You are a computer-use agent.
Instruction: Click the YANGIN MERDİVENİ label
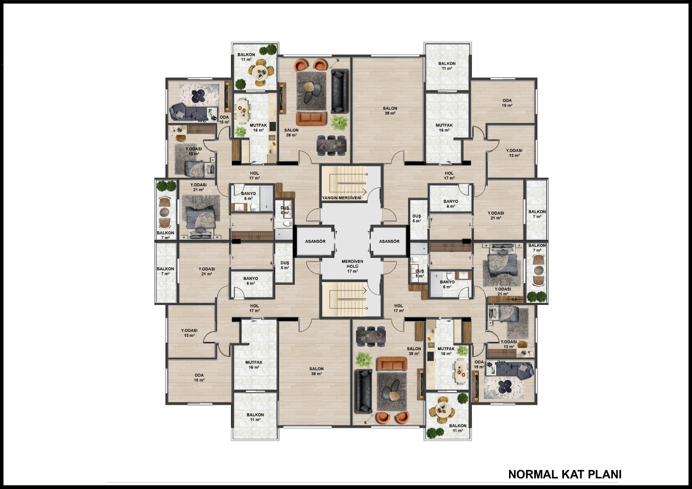pyautogui.click(x=341, y=198)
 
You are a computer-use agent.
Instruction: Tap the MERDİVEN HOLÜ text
pyautogui.click(x=352, y=264)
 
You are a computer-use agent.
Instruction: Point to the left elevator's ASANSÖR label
pyautogui.click(x=315, y=241)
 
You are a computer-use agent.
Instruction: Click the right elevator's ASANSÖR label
pyautogui.click(x=389, y=241)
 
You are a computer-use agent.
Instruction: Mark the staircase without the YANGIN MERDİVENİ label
pyautogui.click(x=344, y=299)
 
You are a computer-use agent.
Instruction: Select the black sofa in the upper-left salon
pyautogui.click(x=339, y=91)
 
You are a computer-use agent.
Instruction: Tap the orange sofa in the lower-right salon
pyautogui.click(x=392, y=364)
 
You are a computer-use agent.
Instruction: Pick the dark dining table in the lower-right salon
pyautogui.click(x=371, y=336)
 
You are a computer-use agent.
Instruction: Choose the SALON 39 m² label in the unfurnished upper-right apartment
pyautogui.click(x=390, y=111)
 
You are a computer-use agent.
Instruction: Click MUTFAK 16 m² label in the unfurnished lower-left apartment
pyautogui.click(x=254, y=365)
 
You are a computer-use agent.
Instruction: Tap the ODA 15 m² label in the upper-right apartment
pyautogui.click(x=507, y=103)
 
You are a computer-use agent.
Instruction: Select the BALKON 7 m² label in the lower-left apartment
pyautogui.click(x=165, y=271)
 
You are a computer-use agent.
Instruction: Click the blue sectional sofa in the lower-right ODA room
pyautogui.click(x=513, y=370)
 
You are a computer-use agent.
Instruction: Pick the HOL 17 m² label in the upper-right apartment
pyautogui.click(x=449, y=176)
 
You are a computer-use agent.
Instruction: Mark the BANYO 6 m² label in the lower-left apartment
pyautogui.click(x=250, y=281)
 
